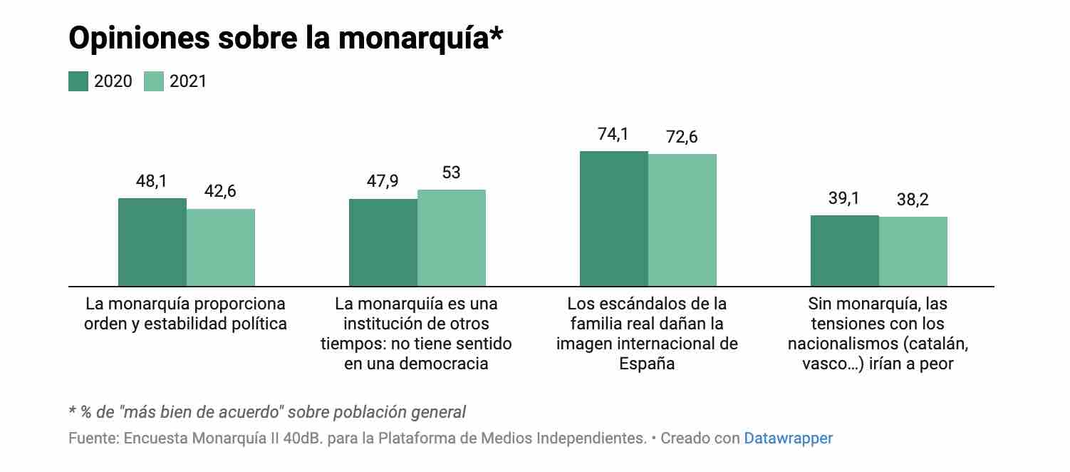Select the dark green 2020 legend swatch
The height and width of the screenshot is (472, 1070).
pos(78,81)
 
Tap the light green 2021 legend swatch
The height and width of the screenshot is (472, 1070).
pos(154,81)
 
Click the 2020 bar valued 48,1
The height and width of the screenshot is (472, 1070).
pos(152,242)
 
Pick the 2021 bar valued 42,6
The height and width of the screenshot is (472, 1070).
pos(221,247)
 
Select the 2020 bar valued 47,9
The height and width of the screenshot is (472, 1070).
pos(383,242)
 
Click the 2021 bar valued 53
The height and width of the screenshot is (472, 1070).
pos(452,238)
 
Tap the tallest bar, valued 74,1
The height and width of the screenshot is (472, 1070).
pos(614,219)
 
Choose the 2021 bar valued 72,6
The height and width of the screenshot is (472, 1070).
pos(682,220)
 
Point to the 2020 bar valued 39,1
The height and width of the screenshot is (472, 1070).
pos(845,251)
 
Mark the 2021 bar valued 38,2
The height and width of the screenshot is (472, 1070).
pos(913,252)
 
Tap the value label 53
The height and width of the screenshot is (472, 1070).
pos(451,173)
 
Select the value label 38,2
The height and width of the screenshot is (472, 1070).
pos(913,200)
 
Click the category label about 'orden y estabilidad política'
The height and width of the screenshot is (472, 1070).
pos(185,314)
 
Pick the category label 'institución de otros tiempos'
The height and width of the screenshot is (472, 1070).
pos(416,334)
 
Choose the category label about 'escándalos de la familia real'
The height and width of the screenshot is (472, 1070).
pos(647,334)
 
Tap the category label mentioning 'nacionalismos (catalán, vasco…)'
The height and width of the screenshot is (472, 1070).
pos(878,334)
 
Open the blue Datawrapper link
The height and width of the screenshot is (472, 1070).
pos(788,438)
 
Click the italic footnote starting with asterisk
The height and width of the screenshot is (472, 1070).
pos(267,412)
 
